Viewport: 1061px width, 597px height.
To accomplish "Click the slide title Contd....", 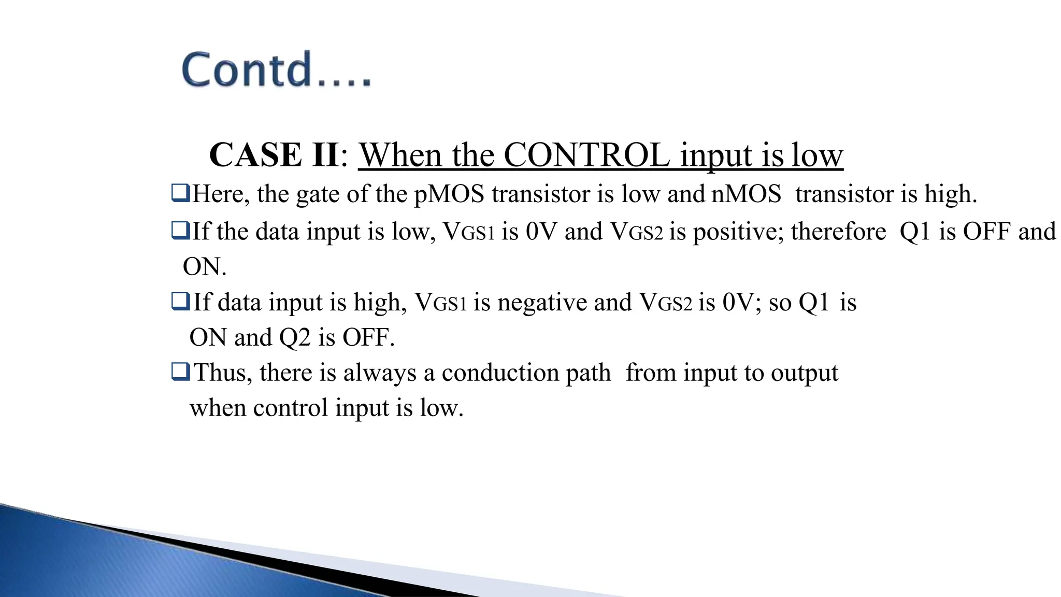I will pyautogui.click(x=276, y=69).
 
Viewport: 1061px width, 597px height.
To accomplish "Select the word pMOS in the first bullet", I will pyautogui.click(x=449, y=194).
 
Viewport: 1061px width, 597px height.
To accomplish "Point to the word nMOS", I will pyautogui.click(x=746, y=194).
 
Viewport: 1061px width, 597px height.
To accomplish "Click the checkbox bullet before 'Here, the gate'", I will pyautogui.click(x=180, y=193).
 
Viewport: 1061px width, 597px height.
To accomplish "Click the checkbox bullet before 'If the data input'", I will pyautogui.click(x=180, y=231).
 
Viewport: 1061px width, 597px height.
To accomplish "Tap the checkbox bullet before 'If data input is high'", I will pyautogui.click(x=180, y=301).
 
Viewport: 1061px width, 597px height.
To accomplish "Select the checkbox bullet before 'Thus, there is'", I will pyautogui.click(x=180, y=372).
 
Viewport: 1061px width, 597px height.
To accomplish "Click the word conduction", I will pyautogui.click(x=526, y=373).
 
